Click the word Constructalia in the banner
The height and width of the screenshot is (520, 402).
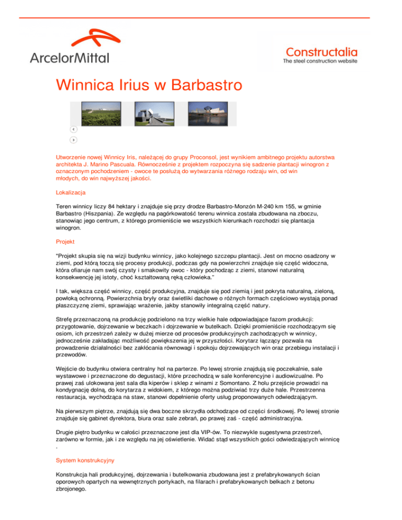pyautogui.click(x=322, y=52)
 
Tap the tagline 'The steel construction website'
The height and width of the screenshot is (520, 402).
pyautogui.click(x=320, y=61)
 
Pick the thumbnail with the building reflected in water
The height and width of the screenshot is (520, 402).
pyautogui.click(x=208, y=114)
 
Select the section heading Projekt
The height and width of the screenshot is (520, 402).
pyautogui.click(x=67, y=242)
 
